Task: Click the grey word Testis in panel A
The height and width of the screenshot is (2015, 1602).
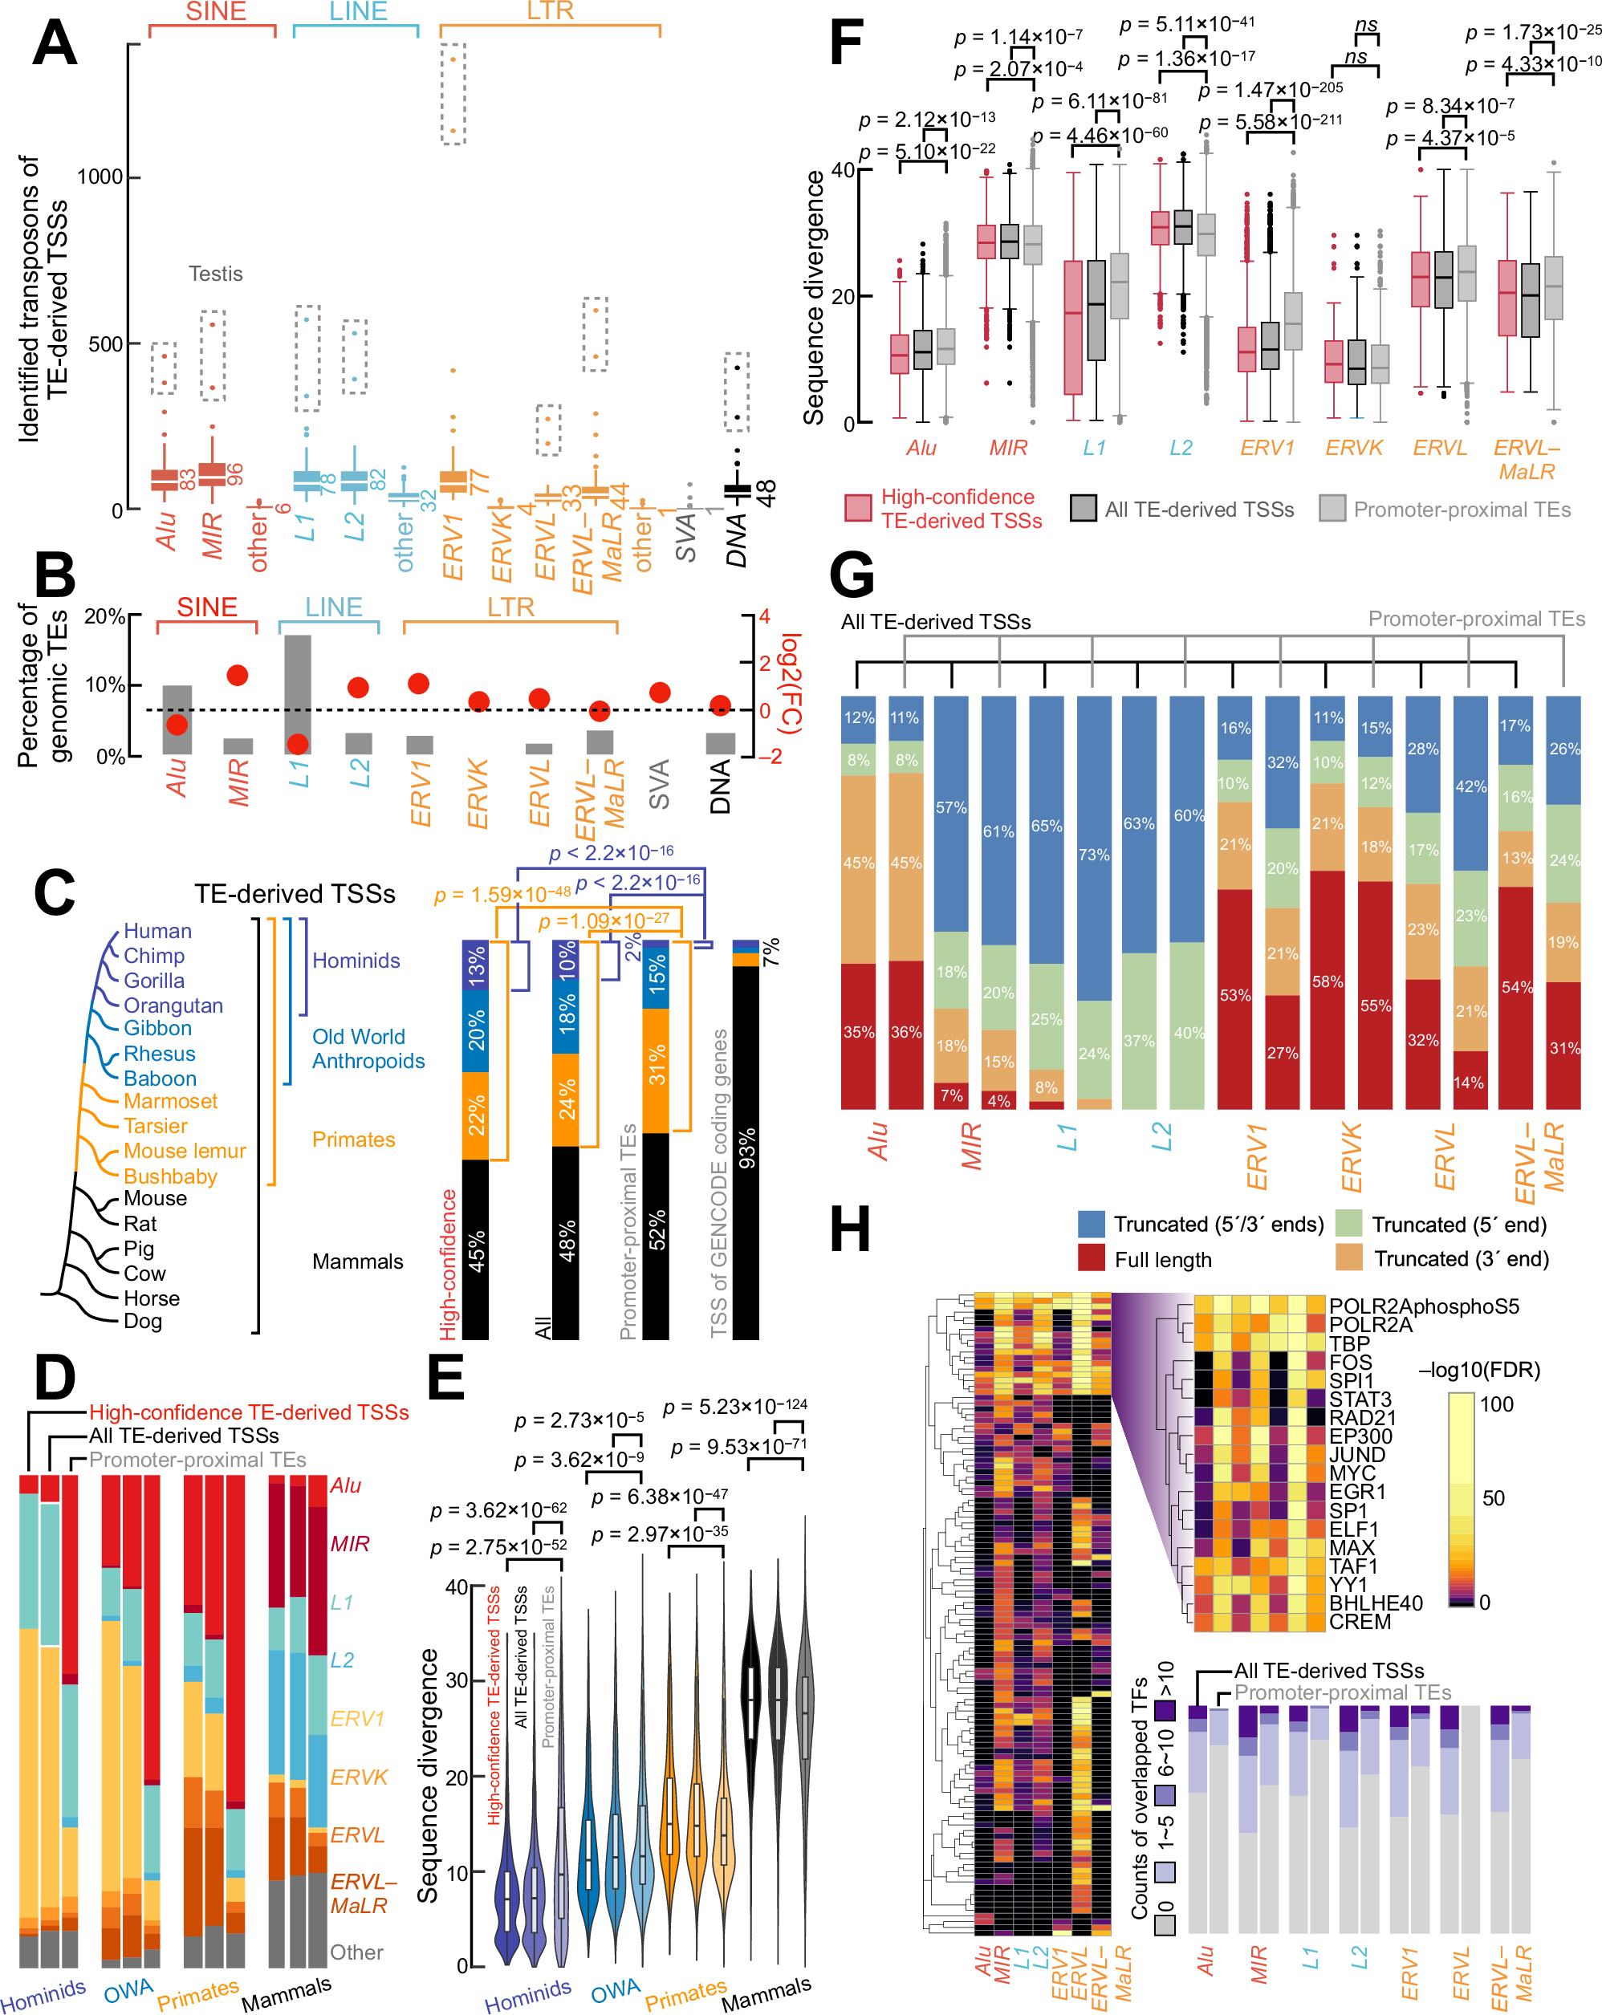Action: coord(215,274)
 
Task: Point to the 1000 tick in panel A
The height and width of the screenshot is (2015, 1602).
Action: coord(99,177)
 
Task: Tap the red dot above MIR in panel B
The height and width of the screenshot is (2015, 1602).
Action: coord(238,676)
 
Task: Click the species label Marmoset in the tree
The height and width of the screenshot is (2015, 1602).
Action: coord(170,1101)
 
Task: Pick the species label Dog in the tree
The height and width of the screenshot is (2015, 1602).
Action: coord(143,1321)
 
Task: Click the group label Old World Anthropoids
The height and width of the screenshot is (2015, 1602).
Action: coord(368,1049)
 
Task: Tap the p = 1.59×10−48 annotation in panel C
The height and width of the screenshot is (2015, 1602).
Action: coord(501,896)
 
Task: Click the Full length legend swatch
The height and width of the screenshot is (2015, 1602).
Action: coord(1091,1258)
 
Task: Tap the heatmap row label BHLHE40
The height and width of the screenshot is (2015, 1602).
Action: coord(1375,1603)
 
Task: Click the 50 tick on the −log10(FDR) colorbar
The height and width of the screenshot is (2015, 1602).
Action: coord(1493,1499)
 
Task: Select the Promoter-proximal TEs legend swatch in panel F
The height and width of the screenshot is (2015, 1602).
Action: coord(1332,509)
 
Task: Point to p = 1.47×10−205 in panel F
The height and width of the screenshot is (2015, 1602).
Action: coord(1271,90)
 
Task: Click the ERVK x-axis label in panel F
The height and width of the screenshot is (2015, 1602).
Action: coord(1353,448)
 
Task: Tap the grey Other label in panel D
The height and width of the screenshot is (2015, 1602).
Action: coord(356,1952)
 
